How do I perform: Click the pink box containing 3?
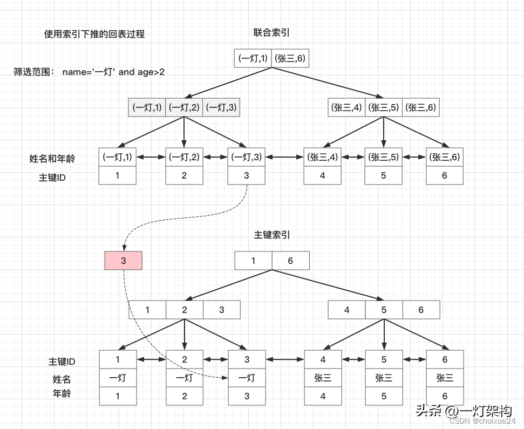point(123,261)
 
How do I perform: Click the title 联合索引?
point(271,33)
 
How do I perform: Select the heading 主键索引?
point(271,235)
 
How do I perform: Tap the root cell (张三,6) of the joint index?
point(291,58)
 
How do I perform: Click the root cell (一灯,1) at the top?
point(253,58)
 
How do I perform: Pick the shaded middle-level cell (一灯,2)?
point(184,107)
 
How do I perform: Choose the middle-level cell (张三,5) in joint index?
point(384,107)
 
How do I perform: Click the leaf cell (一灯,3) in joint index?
point(246,157)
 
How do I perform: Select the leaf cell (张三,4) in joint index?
point(323,157)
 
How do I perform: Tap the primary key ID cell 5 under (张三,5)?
point(384,175)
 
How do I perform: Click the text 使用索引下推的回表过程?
point(94,34)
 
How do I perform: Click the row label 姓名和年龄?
point(52,159)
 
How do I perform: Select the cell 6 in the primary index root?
point(290,261)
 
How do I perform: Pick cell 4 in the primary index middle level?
point(346,310)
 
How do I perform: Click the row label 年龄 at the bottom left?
point(62,393)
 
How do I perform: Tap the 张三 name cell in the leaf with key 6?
point(445,378)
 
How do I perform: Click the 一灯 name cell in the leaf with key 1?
point(118,378)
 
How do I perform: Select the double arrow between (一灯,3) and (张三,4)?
point(284,157)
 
